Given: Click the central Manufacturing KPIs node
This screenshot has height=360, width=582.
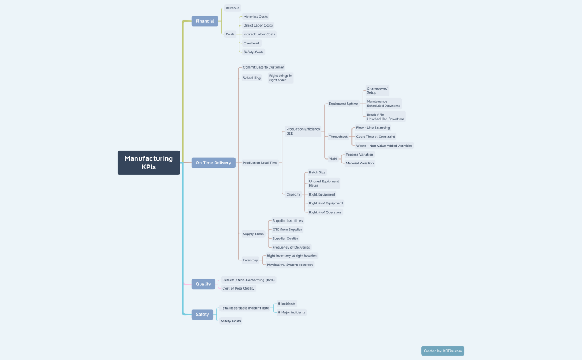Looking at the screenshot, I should (149, 163).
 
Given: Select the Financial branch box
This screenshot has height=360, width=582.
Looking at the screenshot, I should (205, 21).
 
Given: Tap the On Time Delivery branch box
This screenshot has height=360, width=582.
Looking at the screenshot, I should (213, 163).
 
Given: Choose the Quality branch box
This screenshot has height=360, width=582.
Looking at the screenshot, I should (203, 284).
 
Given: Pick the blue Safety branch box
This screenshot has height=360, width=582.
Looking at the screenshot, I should (202, 315).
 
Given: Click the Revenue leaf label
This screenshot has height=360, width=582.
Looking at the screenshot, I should (232, 8).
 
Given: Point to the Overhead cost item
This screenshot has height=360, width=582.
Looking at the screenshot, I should (251, 43).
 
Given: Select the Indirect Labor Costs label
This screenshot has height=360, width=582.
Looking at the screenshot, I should (259, 34).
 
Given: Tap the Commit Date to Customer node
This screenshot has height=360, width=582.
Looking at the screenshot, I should (263, 67).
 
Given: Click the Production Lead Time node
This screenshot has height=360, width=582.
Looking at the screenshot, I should (260, 163).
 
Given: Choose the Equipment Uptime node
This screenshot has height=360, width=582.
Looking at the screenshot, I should (343, 104).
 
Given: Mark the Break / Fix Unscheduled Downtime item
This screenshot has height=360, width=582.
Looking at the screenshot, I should (385, 117).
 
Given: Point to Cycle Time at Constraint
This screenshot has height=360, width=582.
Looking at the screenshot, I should (375, 136).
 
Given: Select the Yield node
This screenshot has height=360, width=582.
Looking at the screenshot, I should (333, 159).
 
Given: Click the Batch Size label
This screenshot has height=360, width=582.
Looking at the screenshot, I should (317, 172).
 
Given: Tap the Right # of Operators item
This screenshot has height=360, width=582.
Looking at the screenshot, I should (325, 212).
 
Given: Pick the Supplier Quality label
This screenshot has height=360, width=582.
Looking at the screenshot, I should (285, 238).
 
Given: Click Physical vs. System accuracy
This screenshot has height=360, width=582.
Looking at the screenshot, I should (290, 265).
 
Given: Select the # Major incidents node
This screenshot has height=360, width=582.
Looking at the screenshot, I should (291, 312).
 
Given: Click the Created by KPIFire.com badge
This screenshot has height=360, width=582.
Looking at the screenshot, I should (442, 351).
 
